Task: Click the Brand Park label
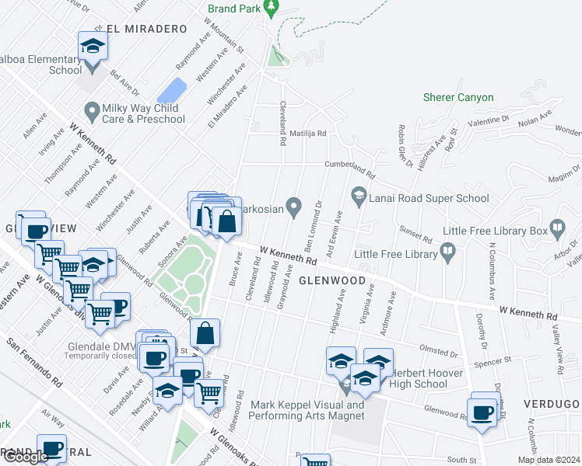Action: [232, 10]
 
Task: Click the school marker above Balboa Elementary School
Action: [93, 47]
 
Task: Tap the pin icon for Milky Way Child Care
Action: [92, 113]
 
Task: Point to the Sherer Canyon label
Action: [458, 97]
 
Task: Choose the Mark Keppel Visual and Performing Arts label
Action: [307, 410]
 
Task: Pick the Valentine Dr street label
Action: [489, 122]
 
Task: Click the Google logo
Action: [26, 457]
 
